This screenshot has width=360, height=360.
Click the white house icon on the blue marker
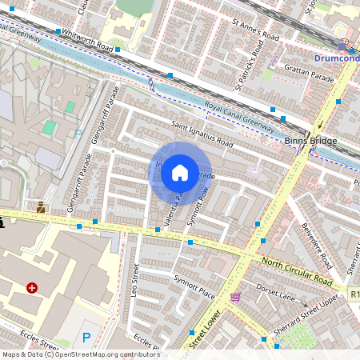point(180,173)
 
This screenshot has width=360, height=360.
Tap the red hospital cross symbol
point(32,287)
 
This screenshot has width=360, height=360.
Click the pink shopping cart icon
point(234,297)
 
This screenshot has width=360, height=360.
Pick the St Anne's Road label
point(255,32)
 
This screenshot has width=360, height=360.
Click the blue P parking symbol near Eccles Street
point(86,338)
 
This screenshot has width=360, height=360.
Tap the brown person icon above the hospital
point(40,207)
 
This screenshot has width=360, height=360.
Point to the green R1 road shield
point(354,294)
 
